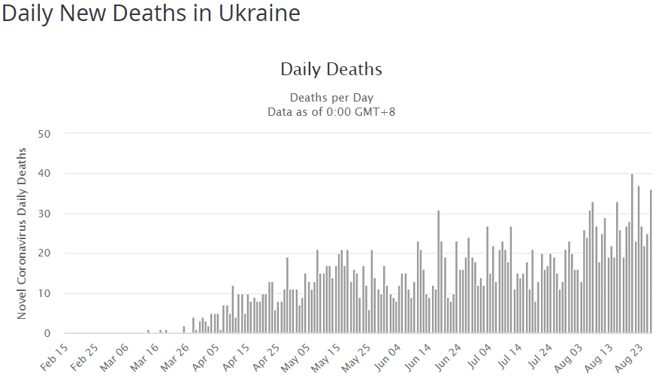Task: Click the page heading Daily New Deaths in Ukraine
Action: point(151,14)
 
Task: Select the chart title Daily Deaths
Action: point(331,69)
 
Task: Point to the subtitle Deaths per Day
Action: point(331,98)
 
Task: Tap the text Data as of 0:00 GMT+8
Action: point(331,112)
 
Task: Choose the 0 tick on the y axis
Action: point(47,333)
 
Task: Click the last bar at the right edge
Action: point(651,263)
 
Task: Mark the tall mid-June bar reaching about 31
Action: point(438,272)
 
